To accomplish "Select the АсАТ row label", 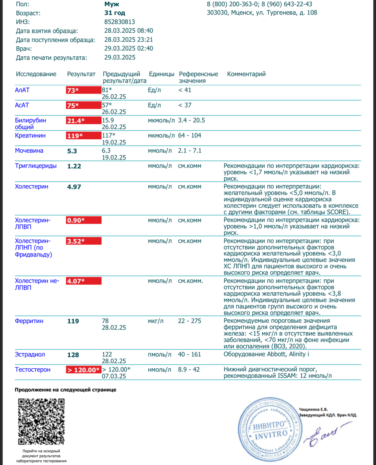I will (x=22, y=105).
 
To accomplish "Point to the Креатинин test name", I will (x=30, y=135).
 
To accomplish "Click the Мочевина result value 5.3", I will (x=72, y=151).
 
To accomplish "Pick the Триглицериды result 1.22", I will (x=74, y=166).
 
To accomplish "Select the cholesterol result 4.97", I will (x=74, y=187).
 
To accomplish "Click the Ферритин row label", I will (x=29, y=321).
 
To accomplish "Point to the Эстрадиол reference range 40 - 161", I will (x=189, y=354).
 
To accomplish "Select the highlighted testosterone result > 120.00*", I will (x=83, y=370).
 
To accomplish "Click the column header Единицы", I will (x=161, y=74).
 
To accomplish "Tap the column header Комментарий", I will (x=246, y=74).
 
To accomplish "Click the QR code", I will (x=41, y=421).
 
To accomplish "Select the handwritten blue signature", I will (x=324, y=434).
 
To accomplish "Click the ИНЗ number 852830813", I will (x=120, y=22).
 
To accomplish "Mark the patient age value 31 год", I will (x=115, y=13).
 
